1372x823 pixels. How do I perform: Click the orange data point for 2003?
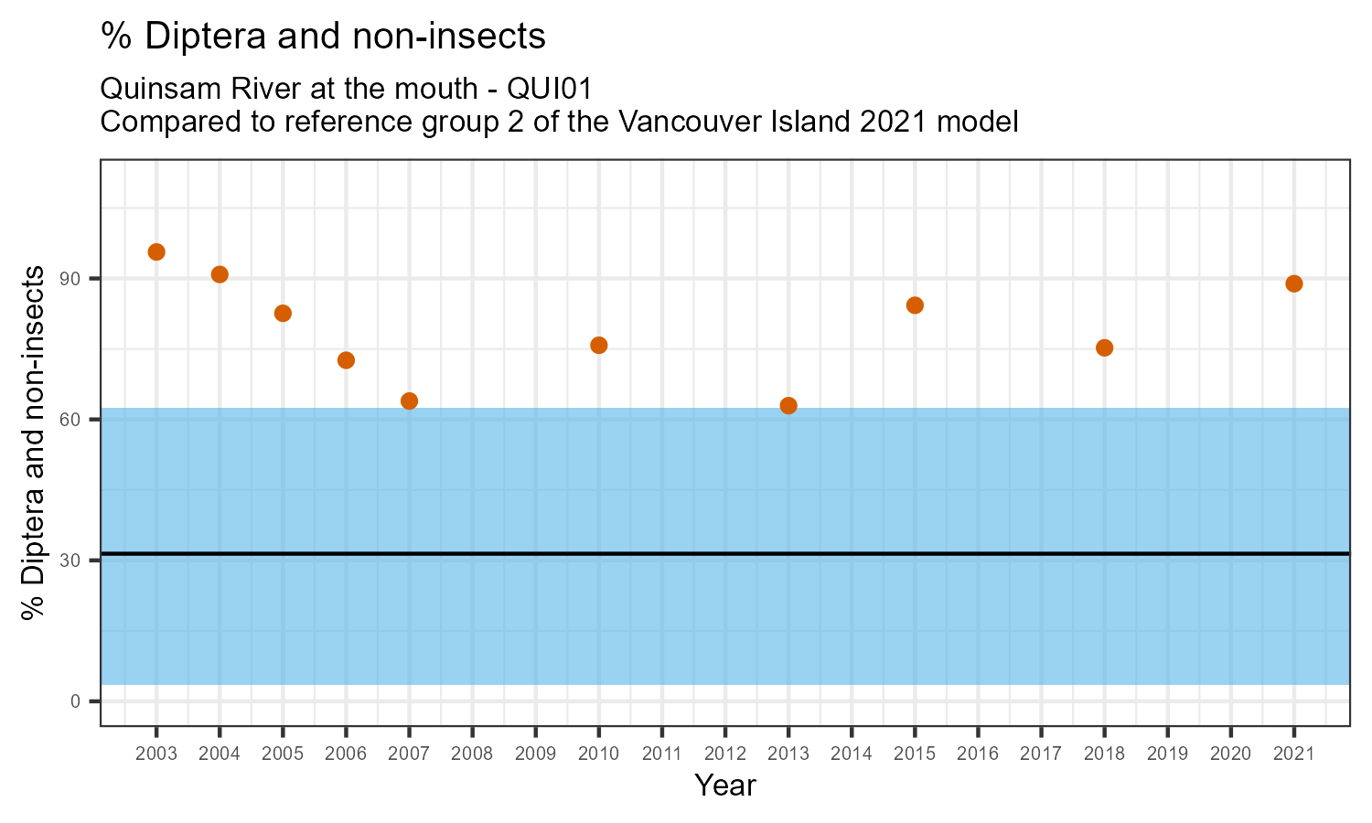pos(156,252)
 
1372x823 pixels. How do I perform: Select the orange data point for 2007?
pos(409,401)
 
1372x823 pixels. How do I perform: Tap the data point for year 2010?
pos(599,345)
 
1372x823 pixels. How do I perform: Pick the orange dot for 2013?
pos(788,405)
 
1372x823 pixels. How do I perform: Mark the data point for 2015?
pos(915,305)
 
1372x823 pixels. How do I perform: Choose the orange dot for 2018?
pos(1104,347)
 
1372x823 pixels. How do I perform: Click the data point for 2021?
pos(1293,283)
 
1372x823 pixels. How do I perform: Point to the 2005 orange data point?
pos(283,313)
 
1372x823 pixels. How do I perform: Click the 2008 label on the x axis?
pos(472,754)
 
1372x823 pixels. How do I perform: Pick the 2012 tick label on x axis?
pos(724,754)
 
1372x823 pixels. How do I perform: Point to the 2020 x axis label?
pos(1230,754)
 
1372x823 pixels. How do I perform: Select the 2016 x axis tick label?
pos(978,754)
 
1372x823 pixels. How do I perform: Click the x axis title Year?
pos(724,786)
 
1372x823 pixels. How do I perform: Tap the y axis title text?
pos(34,443)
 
